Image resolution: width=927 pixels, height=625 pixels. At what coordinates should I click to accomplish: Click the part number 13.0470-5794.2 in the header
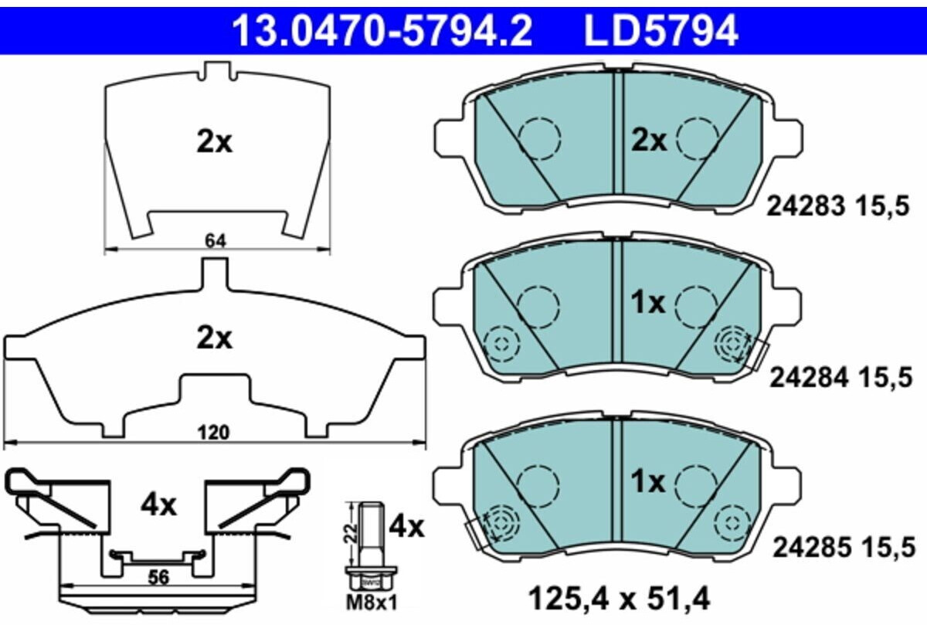tap(382, 32)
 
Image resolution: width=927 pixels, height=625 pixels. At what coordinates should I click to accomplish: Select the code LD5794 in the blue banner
tap(661, 32)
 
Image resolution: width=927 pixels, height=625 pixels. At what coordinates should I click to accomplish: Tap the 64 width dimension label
tap(216, 241)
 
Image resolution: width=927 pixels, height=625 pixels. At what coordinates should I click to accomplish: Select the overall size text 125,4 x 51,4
tap(618, 596)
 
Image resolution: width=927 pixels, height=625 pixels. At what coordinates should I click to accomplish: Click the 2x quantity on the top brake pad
tap(649, 141)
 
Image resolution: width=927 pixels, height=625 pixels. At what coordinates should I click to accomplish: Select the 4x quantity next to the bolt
tap(406, 527)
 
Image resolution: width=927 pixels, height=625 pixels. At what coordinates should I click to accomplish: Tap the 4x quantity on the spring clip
tap(158, 506)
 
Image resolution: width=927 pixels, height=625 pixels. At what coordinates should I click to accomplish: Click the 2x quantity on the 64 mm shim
tap(214, 142)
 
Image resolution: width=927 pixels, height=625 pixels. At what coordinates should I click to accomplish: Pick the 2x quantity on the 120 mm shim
tap(214, 338)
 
